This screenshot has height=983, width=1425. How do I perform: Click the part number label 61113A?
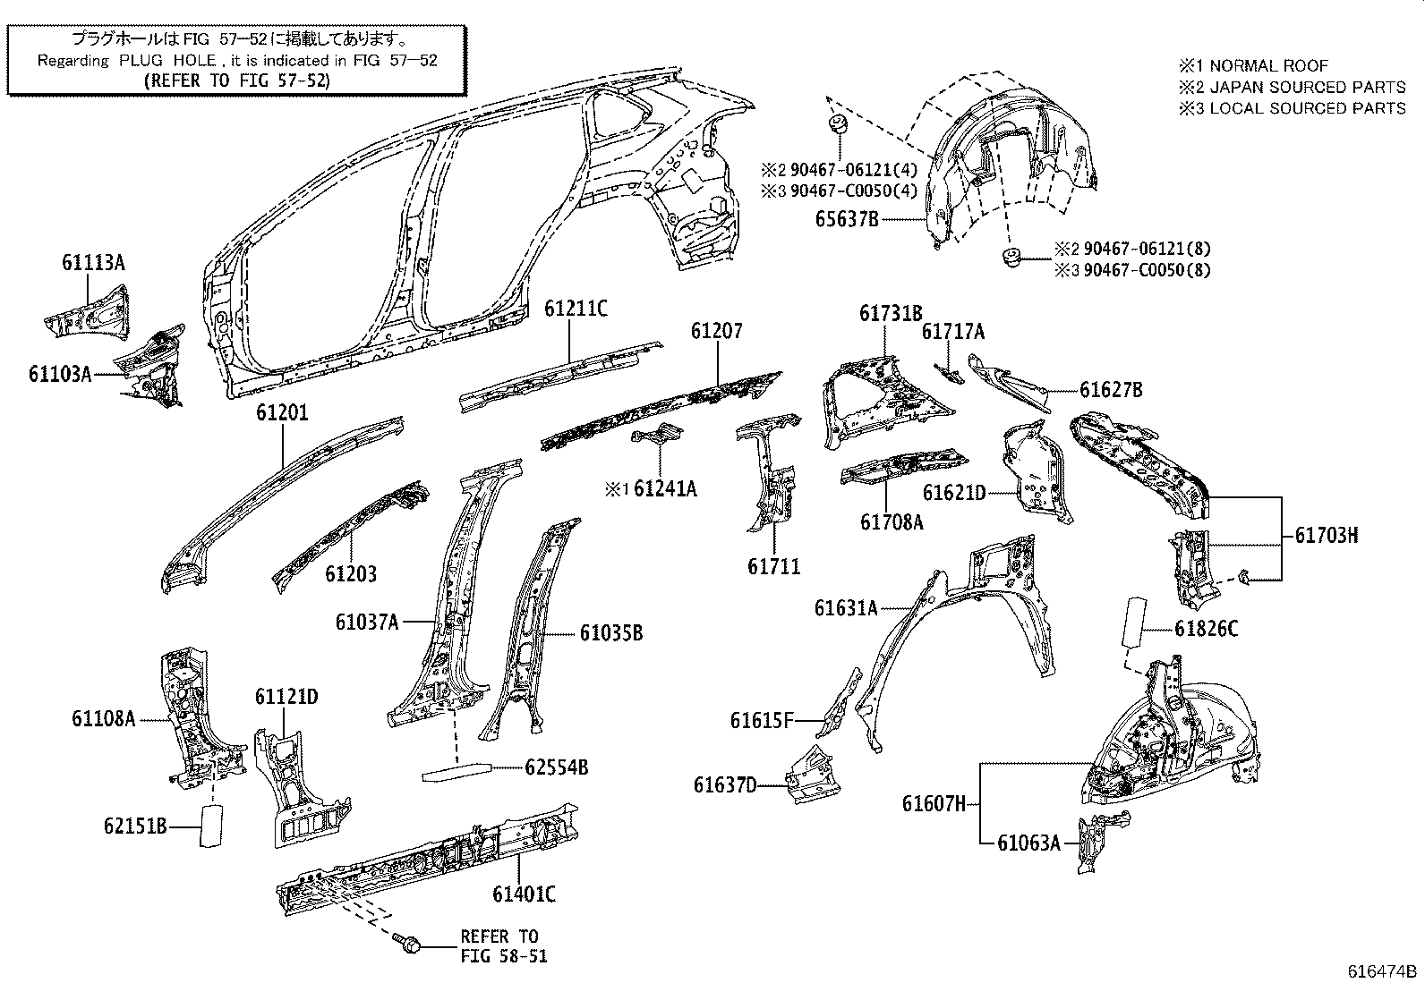click(x=93, y=262)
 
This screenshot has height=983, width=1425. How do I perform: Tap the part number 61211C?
click(x=576, y=309)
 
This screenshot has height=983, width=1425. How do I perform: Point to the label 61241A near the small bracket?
click(x=664, y=488)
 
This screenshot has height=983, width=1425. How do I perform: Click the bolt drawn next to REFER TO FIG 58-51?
click(x=405, y=943)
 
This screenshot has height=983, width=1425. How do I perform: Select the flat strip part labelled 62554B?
click(x=457, y=771)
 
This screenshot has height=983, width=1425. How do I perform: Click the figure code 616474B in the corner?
click(x=1384, y=971)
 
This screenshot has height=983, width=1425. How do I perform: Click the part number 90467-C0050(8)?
click(x=1147, y=270)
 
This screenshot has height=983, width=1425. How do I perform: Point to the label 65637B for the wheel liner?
click(x=847, y=217)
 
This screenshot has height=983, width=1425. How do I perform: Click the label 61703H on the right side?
click(x=1326, y=536)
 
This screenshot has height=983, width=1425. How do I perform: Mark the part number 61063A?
click(x=1028, y=842)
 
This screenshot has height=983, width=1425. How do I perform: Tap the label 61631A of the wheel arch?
click(x=846, y=608)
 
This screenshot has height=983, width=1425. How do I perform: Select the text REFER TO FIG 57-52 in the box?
click(x=237, y=80)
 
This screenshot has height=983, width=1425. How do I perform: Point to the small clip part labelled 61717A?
click(x=947, y=372)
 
